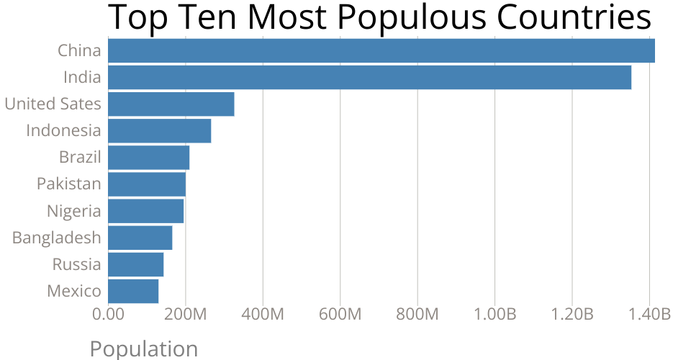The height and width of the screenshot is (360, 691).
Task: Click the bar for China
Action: pos(381,51)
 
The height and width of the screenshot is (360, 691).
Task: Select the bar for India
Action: pos(369,78)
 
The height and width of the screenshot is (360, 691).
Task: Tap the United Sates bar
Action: pos(171,104)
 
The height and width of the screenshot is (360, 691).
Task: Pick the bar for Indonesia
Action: pos(160,131)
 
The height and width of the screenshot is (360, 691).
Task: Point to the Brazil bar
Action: pos(149,158)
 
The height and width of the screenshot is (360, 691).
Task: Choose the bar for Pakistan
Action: pos(147,184)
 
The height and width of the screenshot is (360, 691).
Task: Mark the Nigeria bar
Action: pos(146,211)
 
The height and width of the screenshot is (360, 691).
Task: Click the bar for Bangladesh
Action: pos(140,238)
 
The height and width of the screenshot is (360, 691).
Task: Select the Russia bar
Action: pos(136,264)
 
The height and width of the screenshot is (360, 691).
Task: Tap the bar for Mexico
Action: pos(133,291)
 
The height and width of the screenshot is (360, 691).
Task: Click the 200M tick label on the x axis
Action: pos(185,315)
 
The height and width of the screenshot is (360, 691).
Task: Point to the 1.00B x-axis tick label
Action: pos(494,315)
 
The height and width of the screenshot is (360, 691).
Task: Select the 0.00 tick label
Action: pos(108,315)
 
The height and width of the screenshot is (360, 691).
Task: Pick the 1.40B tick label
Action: pos(649,315)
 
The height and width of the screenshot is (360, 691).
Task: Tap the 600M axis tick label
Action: pos(340,315)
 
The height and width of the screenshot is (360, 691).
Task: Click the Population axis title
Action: pos(143,349)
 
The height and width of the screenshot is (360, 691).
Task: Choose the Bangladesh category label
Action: pos(57,238)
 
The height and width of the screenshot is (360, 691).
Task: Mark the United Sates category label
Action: pos(53,104)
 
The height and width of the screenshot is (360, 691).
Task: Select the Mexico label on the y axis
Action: pos(74,291)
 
